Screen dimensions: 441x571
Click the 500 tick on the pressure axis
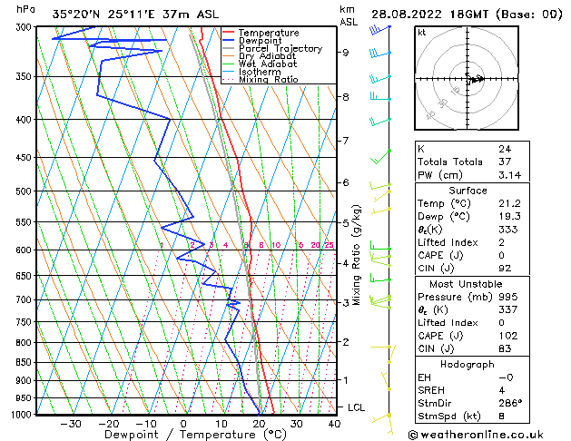click(24, 191)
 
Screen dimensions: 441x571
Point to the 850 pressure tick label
click(24, 362)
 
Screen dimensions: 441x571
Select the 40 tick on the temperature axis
click(334, 423)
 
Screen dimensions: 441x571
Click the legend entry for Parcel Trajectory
click(280, 49)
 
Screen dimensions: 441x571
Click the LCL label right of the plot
click(356, 407)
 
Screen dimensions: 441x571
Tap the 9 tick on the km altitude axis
click(346, 53)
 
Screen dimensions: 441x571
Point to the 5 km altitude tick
click(346, 222)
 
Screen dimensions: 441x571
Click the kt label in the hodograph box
click(422, 33)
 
